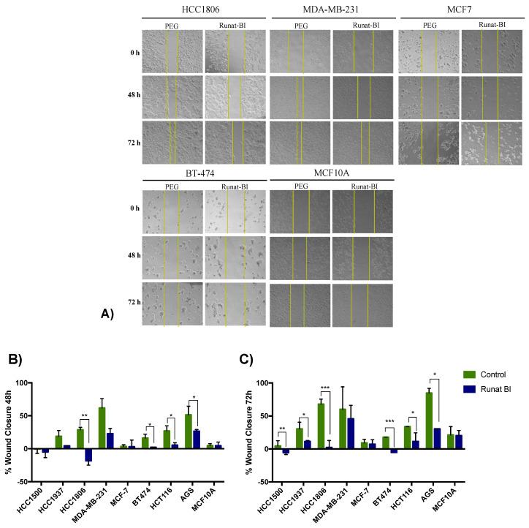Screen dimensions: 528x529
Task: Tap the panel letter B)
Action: tap(15, 359)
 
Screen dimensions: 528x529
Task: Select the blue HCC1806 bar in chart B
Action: tap(88, 455)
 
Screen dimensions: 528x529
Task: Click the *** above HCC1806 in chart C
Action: tap(325, 388)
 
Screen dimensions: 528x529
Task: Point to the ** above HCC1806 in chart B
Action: tap(85, 415)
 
